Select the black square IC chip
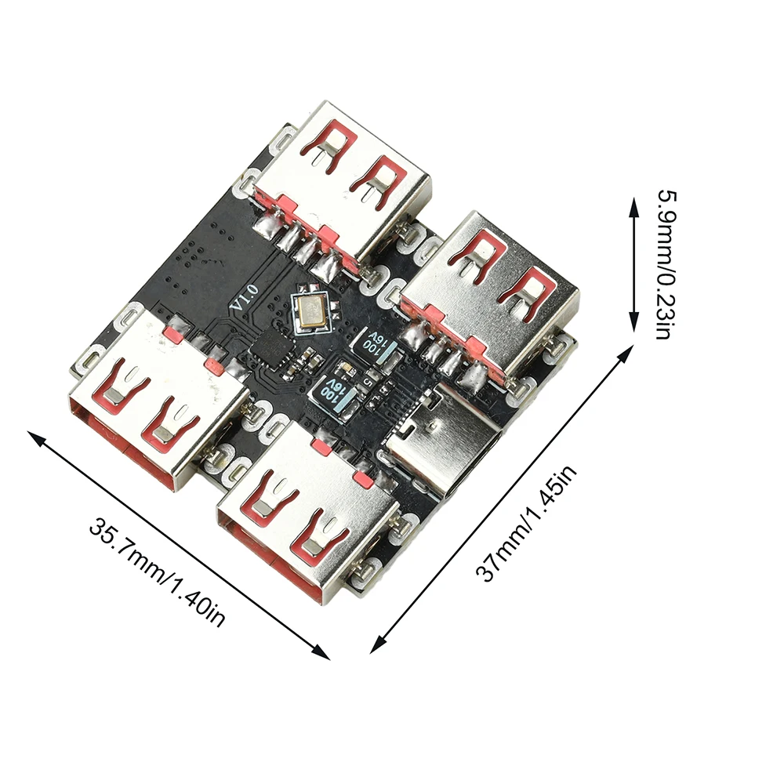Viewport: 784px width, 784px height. (x=274, y=345)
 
